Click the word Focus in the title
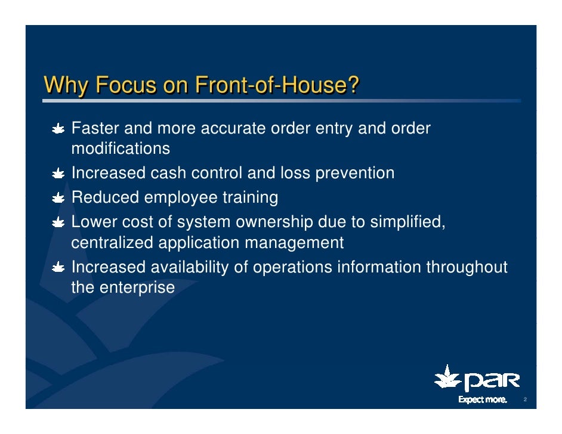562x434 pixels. (126, 86)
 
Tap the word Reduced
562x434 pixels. (105, 197)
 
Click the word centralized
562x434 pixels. (112, 243)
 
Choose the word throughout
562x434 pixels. (466, 268)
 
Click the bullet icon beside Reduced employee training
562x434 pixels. (58, 198)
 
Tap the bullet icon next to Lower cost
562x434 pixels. (58, 223)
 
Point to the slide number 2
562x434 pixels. (524, 399)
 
